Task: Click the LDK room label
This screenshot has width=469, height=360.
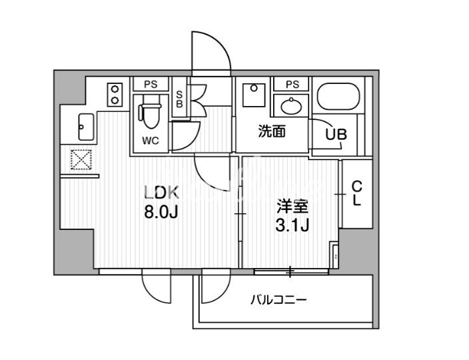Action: (162, 193)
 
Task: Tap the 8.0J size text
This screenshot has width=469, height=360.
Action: (161, 213)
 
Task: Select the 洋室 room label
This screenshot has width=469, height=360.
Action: (292, 207)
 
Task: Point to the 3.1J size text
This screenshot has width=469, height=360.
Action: (292, 225)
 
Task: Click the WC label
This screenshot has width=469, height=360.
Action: (151, 141)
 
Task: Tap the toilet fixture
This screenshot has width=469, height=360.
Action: (149, 115)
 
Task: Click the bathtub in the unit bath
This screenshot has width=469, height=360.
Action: (338, 96)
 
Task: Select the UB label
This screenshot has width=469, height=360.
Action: (336, 134)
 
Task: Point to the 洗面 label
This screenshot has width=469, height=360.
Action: (272, 131)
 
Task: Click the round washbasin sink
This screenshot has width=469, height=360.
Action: (291, 106)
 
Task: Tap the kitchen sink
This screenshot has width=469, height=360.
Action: (86, 127)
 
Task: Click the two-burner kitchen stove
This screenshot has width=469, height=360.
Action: (115, 95)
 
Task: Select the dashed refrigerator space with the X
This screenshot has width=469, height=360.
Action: (81, 159)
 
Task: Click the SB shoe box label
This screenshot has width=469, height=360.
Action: (179, 99)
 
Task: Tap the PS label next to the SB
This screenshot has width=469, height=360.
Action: (151, 85)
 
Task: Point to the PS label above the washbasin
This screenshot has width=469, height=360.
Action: (292, 85)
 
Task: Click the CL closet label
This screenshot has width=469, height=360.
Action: (356, 193)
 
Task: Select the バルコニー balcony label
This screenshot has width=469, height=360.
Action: (278, 299)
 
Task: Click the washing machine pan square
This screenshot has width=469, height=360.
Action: (254, 95)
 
